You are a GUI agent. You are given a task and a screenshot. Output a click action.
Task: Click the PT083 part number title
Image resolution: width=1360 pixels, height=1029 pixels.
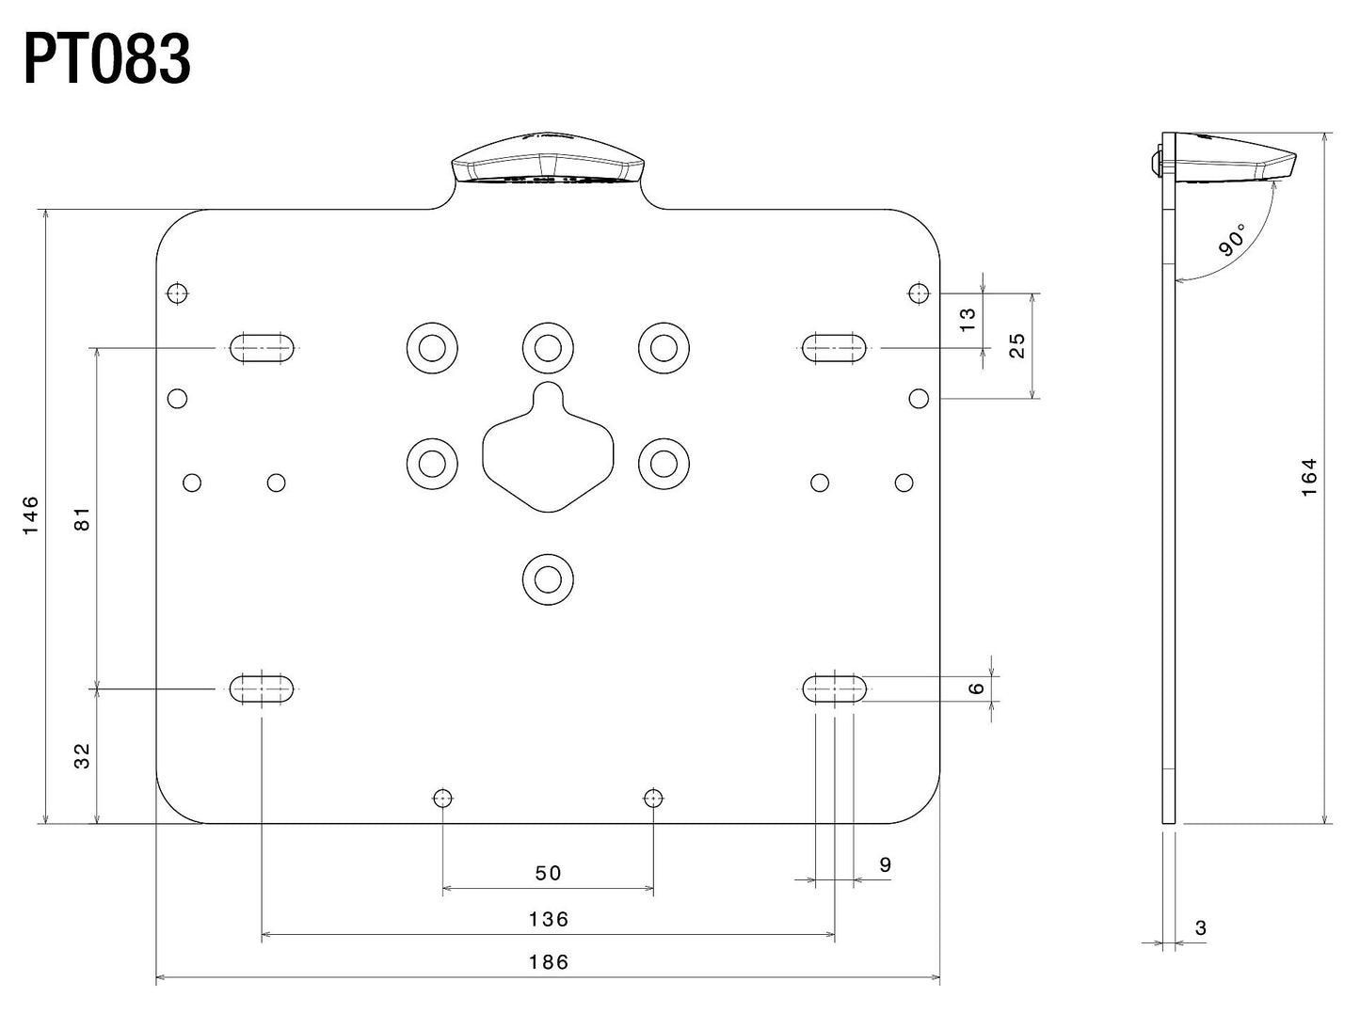coord(106,61)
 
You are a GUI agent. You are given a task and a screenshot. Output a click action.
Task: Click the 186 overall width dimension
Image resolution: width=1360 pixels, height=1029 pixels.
coord(548,962)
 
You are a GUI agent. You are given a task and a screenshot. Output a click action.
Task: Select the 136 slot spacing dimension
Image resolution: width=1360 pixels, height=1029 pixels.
coord(548,919)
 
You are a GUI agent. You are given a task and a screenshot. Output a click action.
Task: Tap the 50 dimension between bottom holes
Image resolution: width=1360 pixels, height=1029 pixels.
coord(548,873)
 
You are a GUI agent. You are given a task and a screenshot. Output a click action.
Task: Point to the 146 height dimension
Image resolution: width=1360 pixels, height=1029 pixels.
coord(31,514)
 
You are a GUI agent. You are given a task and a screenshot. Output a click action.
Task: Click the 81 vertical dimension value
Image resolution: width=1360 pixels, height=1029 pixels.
coord(83,518)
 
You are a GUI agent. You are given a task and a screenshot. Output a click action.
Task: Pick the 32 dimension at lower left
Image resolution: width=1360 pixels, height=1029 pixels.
coord(83,755)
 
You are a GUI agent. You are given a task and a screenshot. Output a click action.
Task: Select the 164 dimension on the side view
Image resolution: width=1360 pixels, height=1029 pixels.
coord(1309,477)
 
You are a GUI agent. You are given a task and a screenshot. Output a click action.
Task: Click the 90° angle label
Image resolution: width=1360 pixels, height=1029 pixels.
coord(1232,240)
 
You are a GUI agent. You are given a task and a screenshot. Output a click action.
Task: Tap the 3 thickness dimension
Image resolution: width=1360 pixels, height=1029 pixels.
coord(1200,928)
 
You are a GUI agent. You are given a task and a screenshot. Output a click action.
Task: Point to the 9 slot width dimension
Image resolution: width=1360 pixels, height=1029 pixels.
coord(885,864)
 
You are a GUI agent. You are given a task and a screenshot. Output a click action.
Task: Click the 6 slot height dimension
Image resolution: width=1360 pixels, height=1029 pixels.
coord(977,689)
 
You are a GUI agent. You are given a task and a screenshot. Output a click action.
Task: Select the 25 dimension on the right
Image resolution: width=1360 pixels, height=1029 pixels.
coord(1016,345)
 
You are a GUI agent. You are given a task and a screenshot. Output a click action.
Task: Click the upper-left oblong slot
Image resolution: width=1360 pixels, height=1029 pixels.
coord(262,347)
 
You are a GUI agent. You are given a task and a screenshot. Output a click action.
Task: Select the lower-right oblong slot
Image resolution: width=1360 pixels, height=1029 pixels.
coord(834,689)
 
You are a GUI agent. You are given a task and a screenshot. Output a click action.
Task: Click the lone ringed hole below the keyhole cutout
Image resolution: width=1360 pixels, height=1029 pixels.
coord(548,579)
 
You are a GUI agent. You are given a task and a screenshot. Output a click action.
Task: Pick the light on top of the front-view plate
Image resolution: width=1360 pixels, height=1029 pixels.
coord(548,166)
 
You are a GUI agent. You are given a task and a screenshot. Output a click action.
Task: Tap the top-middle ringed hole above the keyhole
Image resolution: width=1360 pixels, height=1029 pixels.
coord(548,348)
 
